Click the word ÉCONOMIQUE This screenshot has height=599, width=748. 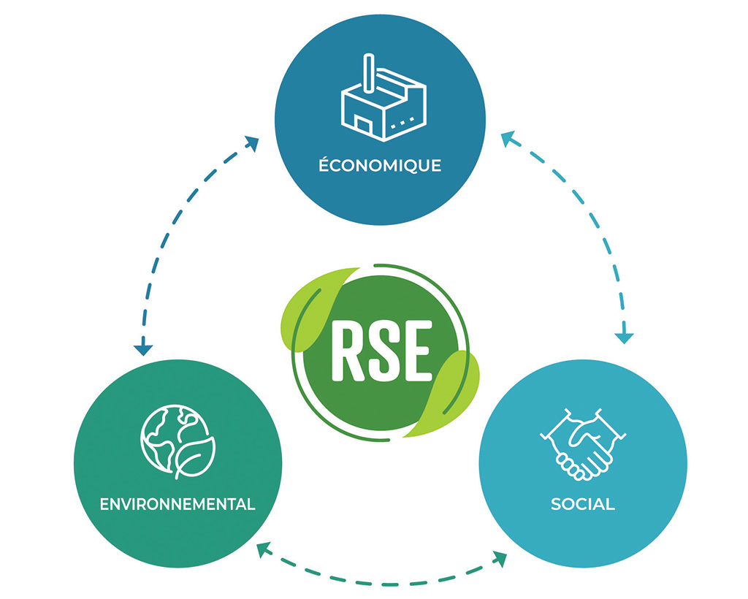[380, 165]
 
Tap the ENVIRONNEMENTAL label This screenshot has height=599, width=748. [178, 504]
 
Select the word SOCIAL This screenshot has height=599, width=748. [583, 504]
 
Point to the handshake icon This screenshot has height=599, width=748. [583, 443]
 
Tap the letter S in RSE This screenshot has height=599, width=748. [383, 352]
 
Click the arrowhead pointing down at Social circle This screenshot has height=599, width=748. [623, 337]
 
